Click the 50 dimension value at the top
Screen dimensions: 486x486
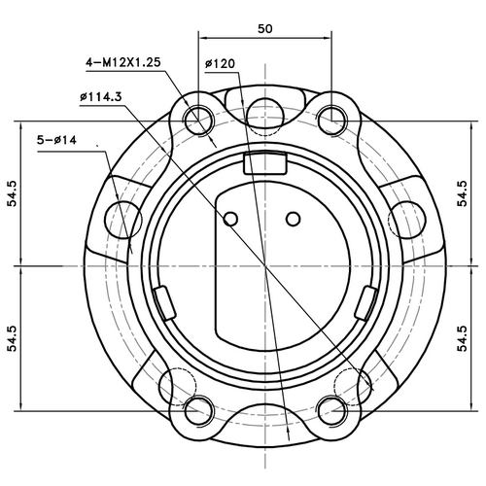coord(264,28)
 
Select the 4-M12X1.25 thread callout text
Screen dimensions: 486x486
coord(122,62)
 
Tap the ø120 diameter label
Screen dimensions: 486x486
coord(222,65)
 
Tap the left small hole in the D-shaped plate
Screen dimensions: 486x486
coord(230,219)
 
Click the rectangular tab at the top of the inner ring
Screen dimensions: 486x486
coord(262,162)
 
